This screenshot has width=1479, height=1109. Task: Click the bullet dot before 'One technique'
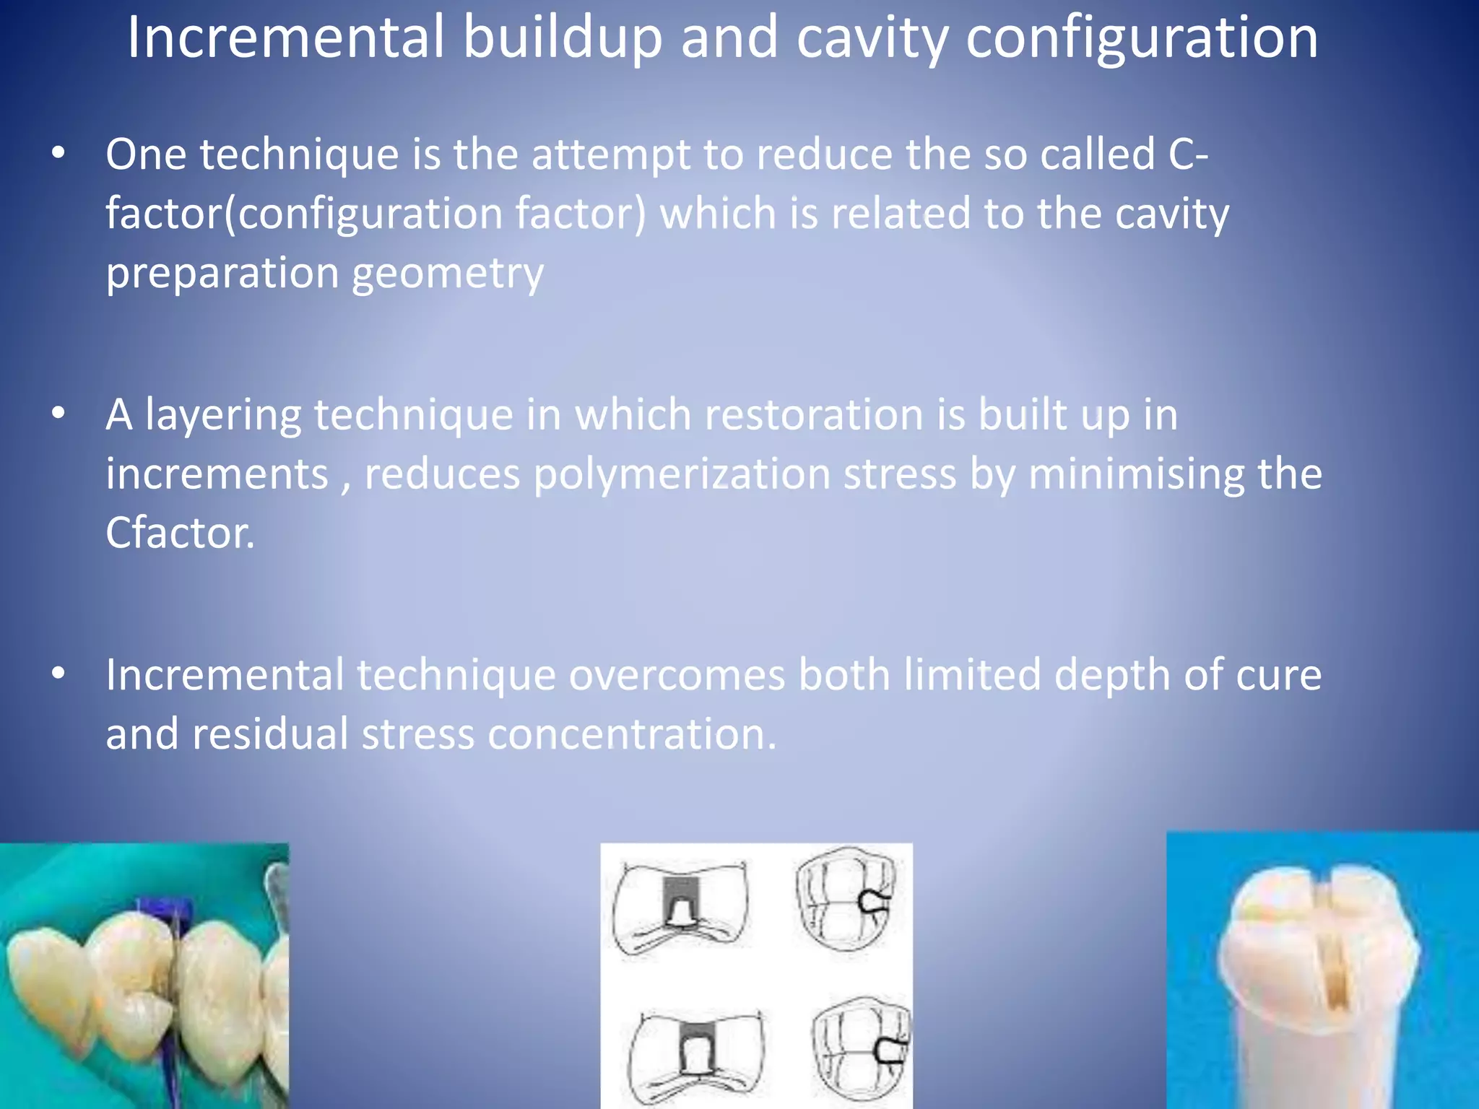click(58, 152)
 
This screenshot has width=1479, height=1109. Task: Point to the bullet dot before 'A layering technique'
click(58, 413)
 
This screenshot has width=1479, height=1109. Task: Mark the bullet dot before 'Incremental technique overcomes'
click(58, 673)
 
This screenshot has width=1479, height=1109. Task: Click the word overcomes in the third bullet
click(677, 675)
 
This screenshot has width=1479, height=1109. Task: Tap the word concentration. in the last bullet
click(632, 734)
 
